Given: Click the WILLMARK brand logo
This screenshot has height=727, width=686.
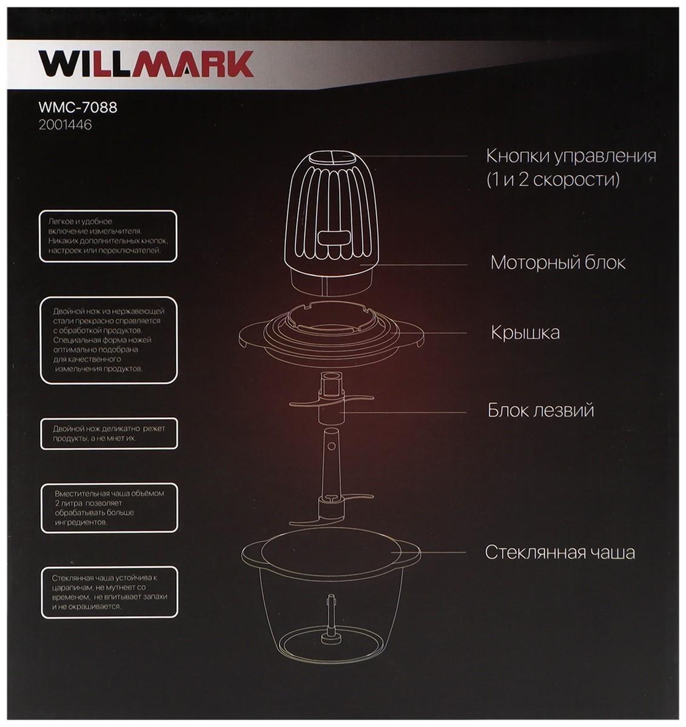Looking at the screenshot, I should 146,63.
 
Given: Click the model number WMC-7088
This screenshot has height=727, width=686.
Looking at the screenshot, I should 78,108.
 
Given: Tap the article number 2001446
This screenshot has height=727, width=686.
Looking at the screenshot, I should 65,126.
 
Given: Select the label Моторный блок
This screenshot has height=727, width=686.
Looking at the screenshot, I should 557,263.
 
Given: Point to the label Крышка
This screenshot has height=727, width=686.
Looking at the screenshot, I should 525,333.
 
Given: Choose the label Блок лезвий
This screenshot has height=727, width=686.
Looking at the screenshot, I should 540,410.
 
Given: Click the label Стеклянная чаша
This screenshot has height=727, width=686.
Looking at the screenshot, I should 559,552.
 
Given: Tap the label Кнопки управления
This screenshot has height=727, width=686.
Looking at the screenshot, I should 571,156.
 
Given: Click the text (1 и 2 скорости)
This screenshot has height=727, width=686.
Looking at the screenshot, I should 553,180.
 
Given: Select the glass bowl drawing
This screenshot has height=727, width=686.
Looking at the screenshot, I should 331,600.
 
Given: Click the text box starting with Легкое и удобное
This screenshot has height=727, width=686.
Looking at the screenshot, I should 108,236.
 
